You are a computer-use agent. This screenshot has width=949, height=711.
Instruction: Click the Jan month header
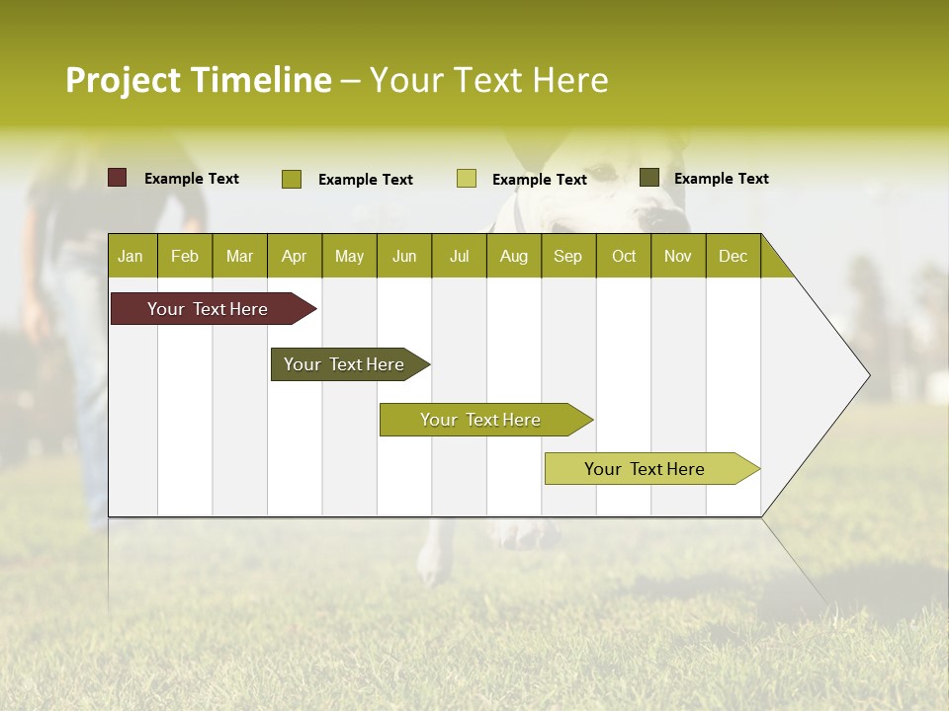tap(130, 256)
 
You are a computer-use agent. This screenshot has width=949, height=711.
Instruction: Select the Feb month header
tap(185, 256)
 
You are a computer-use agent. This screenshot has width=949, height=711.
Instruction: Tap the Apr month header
tap(294, 256)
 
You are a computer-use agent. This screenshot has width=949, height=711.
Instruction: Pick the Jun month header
tap(404, 256)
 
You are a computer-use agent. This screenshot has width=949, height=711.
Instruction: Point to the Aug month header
tap(513, 256)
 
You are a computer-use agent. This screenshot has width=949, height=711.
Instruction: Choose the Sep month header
tap(567, 256)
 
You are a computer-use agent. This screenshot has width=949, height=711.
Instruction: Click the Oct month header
tap(624, 256)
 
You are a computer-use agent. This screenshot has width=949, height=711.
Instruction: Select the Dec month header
tap(733, 256)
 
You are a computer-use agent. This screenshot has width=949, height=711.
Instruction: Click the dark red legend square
tap(118, 178)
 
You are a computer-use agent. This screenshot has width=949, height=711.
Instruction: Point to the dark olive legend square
tap(649, 178)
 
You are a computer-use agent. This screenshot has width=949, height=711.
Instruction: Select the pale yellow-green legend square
tap(467, 179)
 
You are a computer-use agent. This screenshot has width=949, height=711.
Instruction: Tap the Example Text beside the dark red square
tap(192, 179)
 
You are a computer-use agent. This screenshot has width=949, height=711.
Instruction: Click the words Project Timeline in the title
tap(198, 80)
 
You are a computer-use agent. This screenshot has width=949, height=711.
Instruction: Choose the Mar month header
tap(239, 256)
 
